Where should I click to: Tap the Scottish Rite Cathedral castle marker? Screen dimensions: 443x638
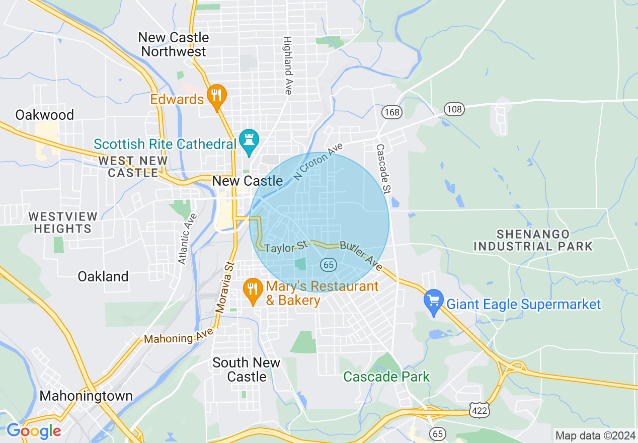(249, 140)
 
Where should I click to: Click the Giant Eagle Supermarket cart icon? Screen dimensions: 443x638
(434, 302)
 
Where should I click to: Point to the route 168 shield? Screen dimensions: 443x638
(391, 112)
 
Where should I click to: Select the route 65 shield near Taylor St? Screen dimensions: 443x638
(328, 264)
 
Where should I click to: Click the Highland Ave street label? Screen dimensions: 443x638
(288, 65)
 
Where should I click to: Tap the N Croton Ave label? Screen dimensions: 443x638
(318, 162)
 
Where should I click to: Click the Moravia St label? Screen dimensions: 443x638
(225, 287)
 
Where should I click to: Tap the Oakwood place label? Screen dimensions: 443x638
(45, 115)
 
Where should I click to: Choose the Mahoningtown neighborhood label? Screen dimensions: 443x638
(86, 396)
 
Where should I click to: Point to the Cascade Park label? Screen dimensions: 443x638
(386, 376)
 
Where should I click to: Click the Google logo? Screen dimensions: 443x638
(34, 431)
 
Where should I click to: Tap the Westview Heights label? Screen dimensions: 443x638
(63, 222)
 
